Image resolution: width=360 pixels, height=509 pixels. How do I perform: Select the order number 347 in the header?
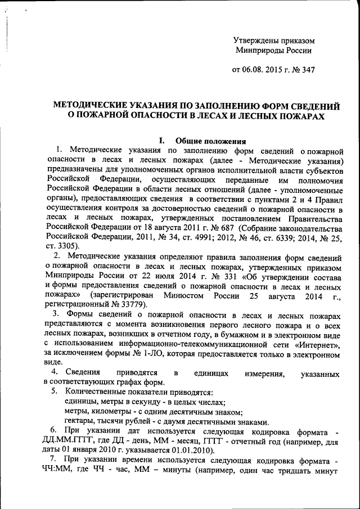pos(307,71)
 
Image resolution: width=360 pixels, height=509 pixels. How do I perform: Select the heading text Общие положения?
pos(210,141)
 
